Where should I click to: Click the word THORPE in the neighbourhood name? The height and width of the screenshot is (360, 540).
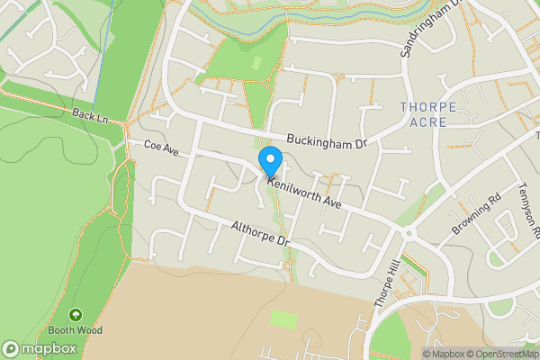[x=427, y=107]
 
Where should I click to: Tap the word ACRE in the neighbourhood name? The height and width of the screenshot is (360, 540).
[x=427, y=121]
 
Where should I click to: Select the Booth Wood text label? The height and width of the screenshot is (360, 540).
[x=75, y=330]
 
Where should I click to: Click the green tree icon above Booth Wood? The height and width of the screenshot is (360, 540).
[x=75, y=315]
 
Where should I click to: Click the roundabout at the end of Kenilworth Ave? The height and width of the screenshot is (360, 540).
[x=408, y=232]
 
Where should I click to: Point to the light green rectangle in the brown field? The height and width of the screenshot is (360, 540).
[x=285, y=319]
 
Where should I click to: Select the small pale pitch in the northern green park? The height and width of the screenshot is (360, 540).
[x=258, y=65]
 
